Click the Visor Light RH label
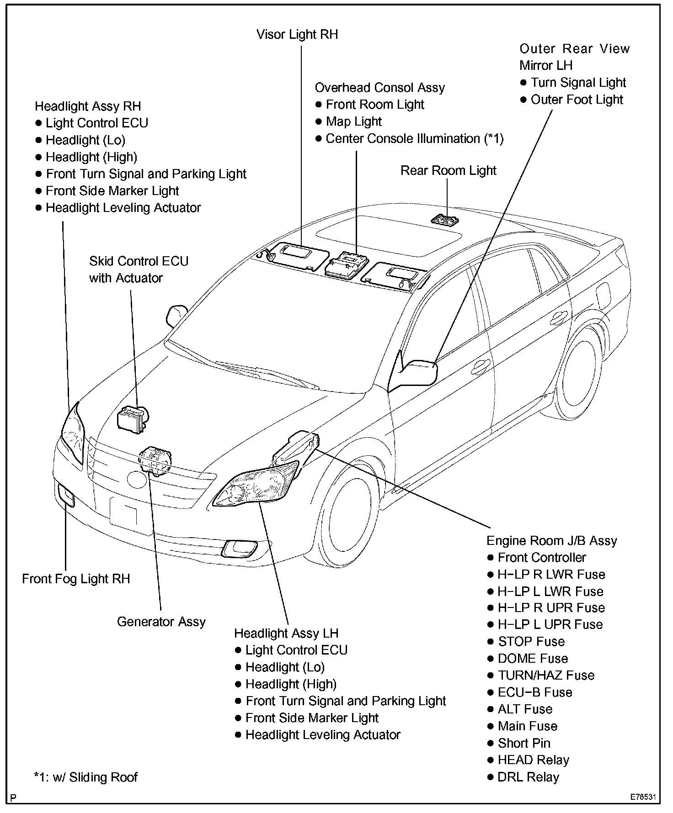point(297,35)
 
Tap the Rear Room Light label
point(448,170)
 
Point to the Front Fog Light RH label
point(76,579)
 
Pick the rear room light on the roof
point(444,220)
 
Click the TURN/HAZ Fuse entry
point(546,675)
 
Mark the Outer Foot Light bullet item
point(577,100)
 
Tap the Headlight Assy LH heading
point(286,633)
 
